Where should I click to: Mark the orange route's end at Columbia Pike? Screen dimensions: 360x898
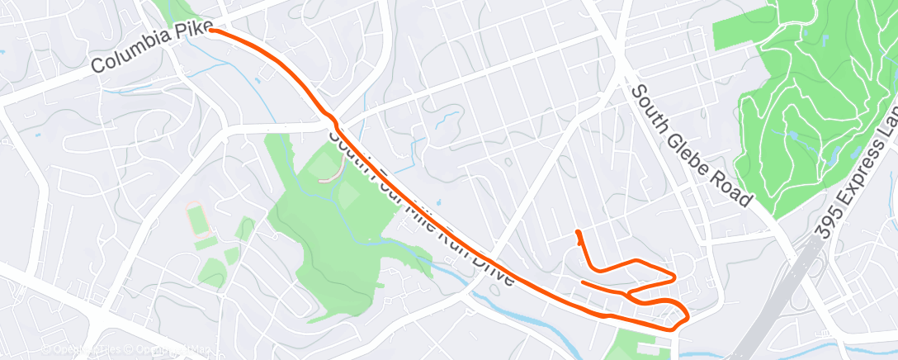(x=212, y=30)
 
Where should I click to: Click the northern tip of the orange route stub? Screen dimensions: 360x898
(x=577, y=231)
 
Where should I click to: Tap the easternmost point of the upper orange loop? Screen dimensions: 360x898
(x=674, y=276)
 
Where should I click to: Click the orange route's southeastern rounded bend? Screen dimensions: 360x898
(x=685, y=315)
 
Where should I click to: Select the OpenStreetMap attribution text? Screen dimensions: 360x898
(x=124, y=350)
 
